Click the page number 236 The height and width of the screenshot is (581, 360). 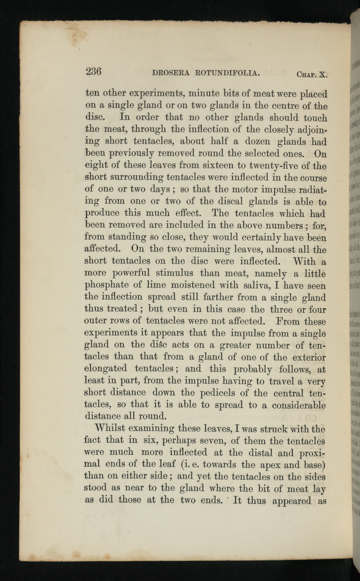point(94,71)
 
